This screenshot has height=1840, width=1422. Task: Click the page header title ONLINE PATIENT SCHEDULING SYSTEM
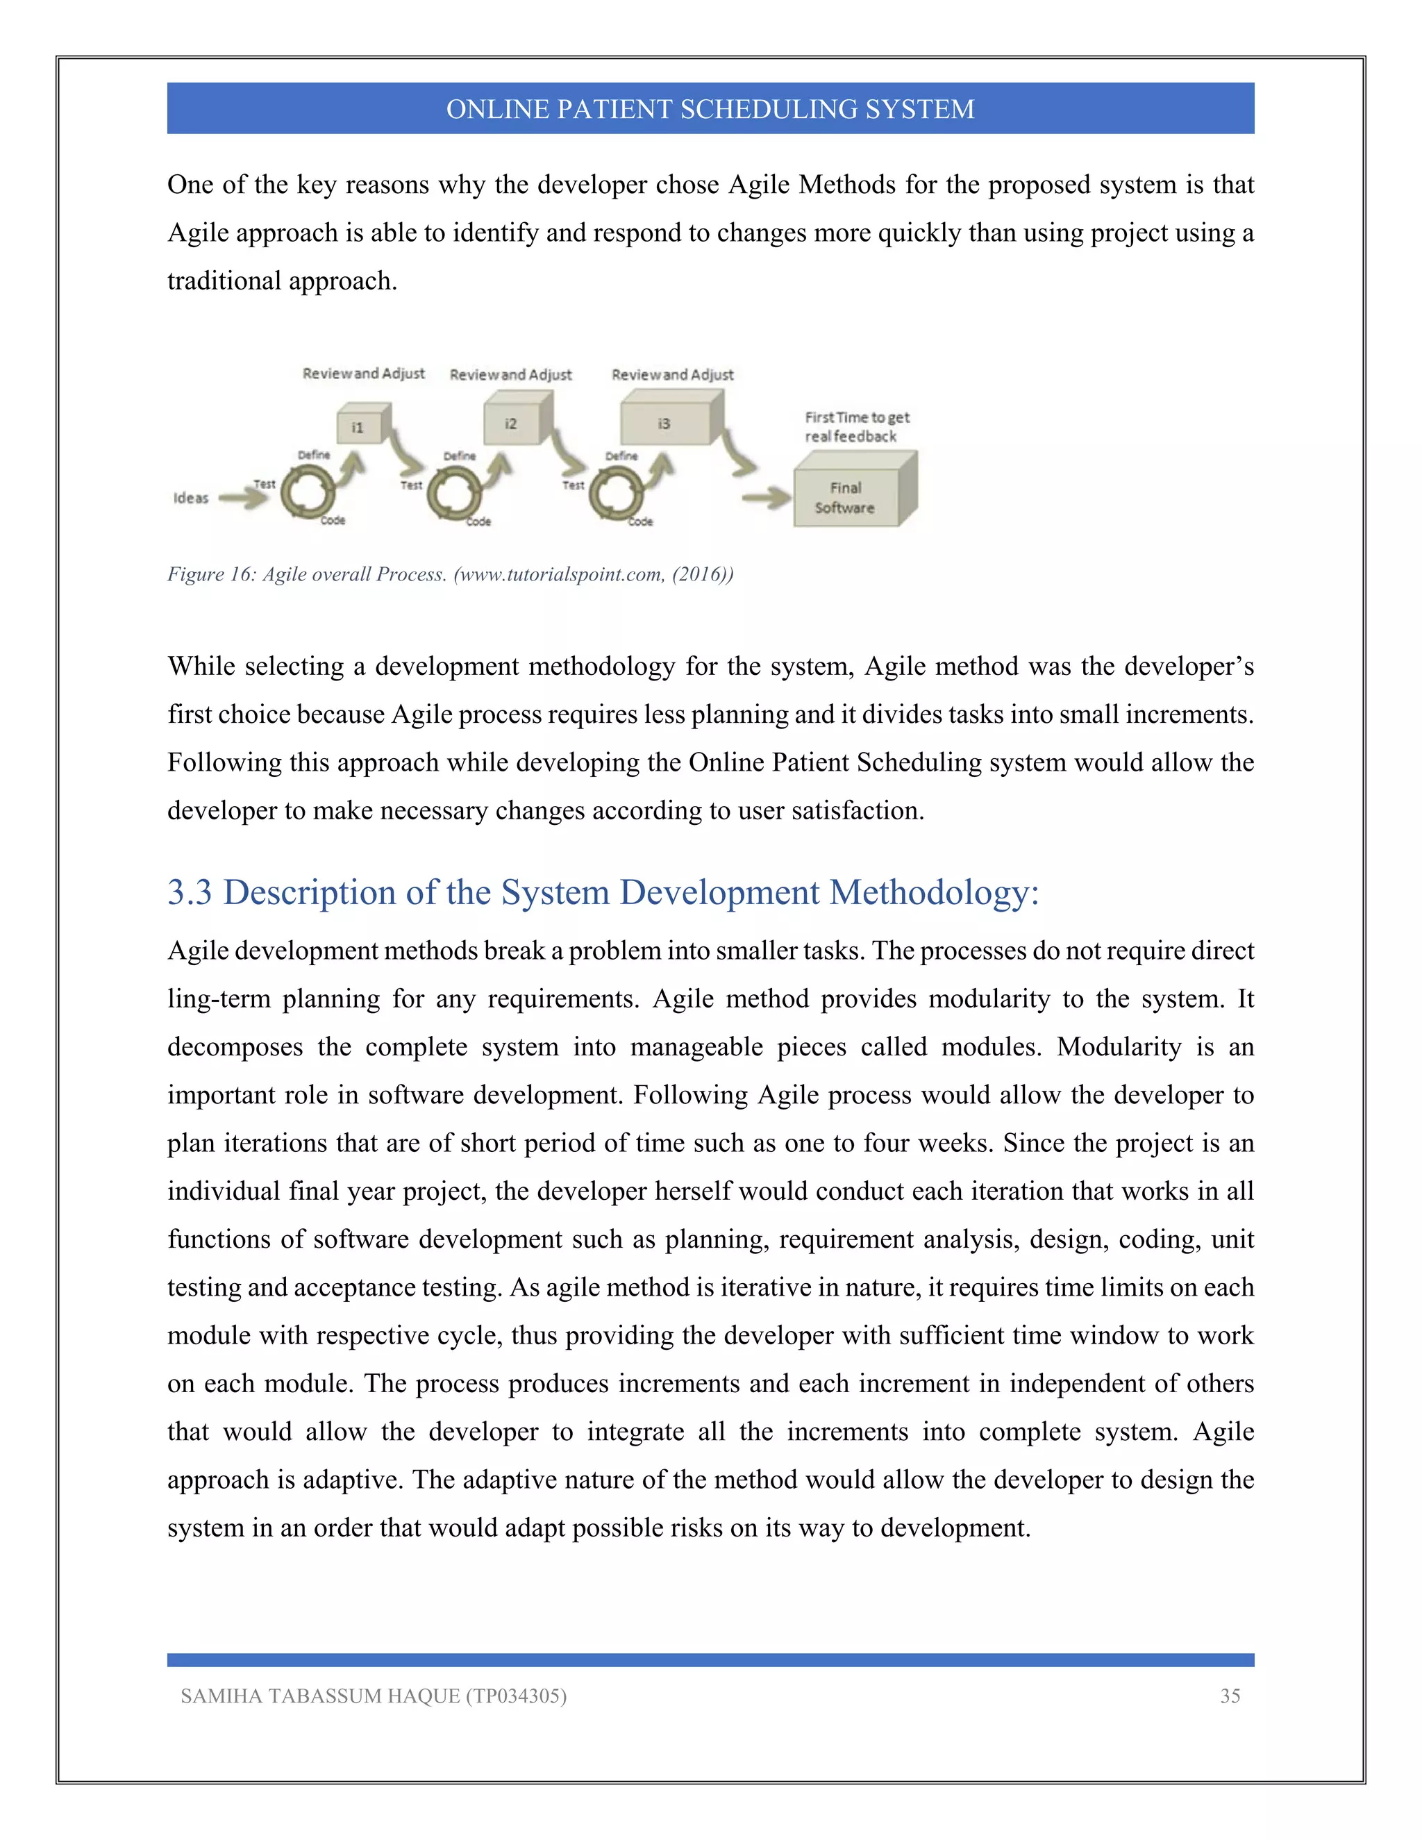pos(710,109)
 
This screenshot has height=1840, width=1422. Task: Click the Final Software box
pos(846,498)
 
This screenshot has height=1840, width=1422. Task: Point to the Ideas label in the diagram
pos(190,498)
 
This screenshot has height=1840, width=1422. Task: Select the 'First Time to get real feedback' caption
pos(856,426)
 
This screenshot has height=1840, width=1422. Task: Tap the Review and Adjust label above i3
pos(672,374)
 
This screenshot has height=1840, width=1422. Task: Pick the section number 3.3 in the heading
pos(190,892)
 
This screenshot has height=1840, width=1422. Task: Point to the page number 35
pos(1230,1696)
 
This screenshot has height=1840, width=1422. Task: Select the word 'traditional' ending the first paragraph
pos(224,281)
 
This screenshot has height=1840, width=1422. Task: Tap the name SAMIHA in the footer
pos(217,1696)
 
